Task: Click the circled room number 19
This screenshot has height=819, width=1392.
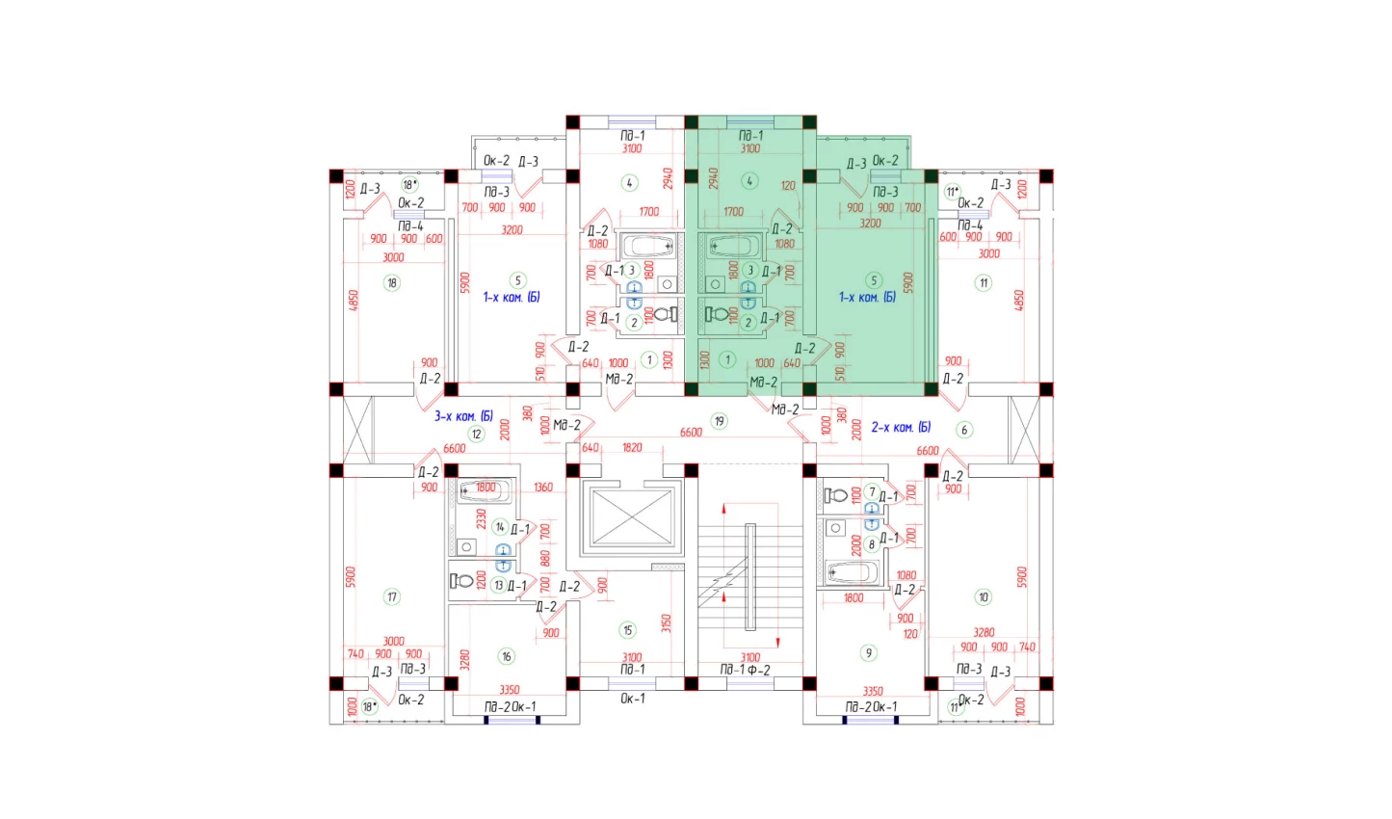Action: click(719, 420)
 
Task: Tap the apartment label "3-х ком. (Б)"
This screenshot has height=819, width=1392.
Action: click(463, 416)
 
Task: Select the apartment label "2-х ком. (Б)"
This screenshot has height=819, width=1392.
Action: click(901, 427)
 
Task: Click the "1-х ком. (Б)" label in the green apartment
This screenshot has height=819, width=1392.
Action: click(867, 297)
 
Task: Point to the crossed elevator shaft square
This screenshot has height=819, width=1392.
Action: click(632, 518)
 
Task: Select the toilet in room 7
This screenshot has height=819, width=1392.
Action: click(836, 495)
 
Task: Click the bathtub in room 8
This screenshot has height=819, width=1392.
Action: click(853, 572)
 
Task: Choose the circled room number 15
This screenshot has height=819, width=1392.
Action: click(628, 630)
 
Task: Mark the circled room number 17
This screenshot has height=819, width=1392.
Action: click(392, 596)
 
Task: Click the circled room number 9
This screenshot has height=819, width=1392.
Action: click(868, 652)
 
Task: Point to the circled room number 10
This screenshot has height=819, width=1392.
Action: click(984, 596)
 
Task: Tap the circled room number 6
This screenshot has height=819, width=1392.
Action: click(964, 430)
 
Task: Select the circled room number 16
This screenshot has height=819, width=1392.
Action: click(507, 656)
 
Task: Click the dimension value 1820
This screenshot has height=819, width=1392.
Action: click(632, 448)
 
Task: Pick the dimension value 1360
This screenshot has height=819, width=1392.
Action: click(543, 488)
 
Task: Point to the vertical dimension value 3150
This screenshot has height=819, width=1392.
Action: click(666, 623)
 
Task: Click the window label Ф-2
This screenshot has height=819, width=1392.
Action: click(760, 670)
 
